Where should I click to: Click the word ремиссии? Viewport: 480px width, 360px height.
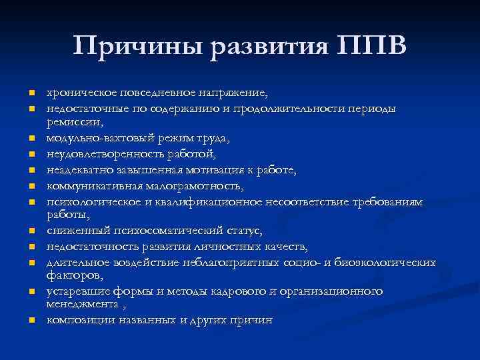pos(72,123)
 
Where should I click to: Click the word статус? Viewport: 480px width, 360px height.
pos(241,231)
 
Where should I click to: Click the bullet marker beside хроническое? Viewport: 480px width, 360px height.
pos(31,93)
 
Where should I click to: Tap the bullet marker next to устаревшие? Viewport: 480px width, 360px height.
pos(31,292)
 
